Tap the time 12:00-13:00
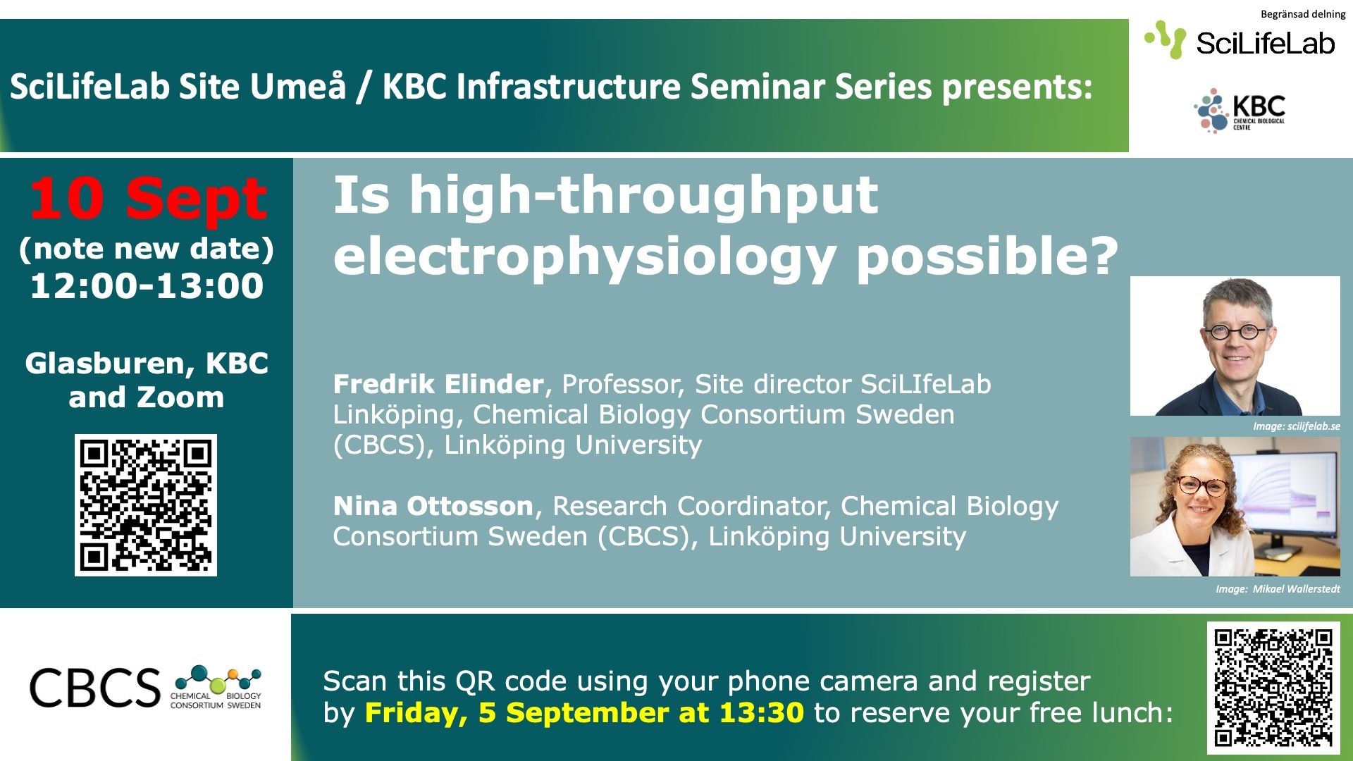[147, 285]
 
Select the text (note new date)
[147, 249]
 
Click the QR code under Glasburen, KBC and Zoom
[146, 505]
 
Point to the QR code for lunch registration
[1273, 687]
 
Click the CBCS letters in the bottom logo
[94, 688]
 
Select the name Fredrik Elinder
[438, 384]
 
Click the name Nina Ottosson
[433, 506]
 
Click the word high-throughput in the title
[644, 195]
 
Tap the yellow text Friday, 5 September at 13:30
[584, 712]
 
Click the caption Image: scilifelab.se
[1297, 426]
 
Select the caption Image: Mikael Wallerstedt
[1278, 589]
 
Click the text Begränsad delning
[1303, 14]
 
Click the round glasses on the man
[1237, 331]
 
